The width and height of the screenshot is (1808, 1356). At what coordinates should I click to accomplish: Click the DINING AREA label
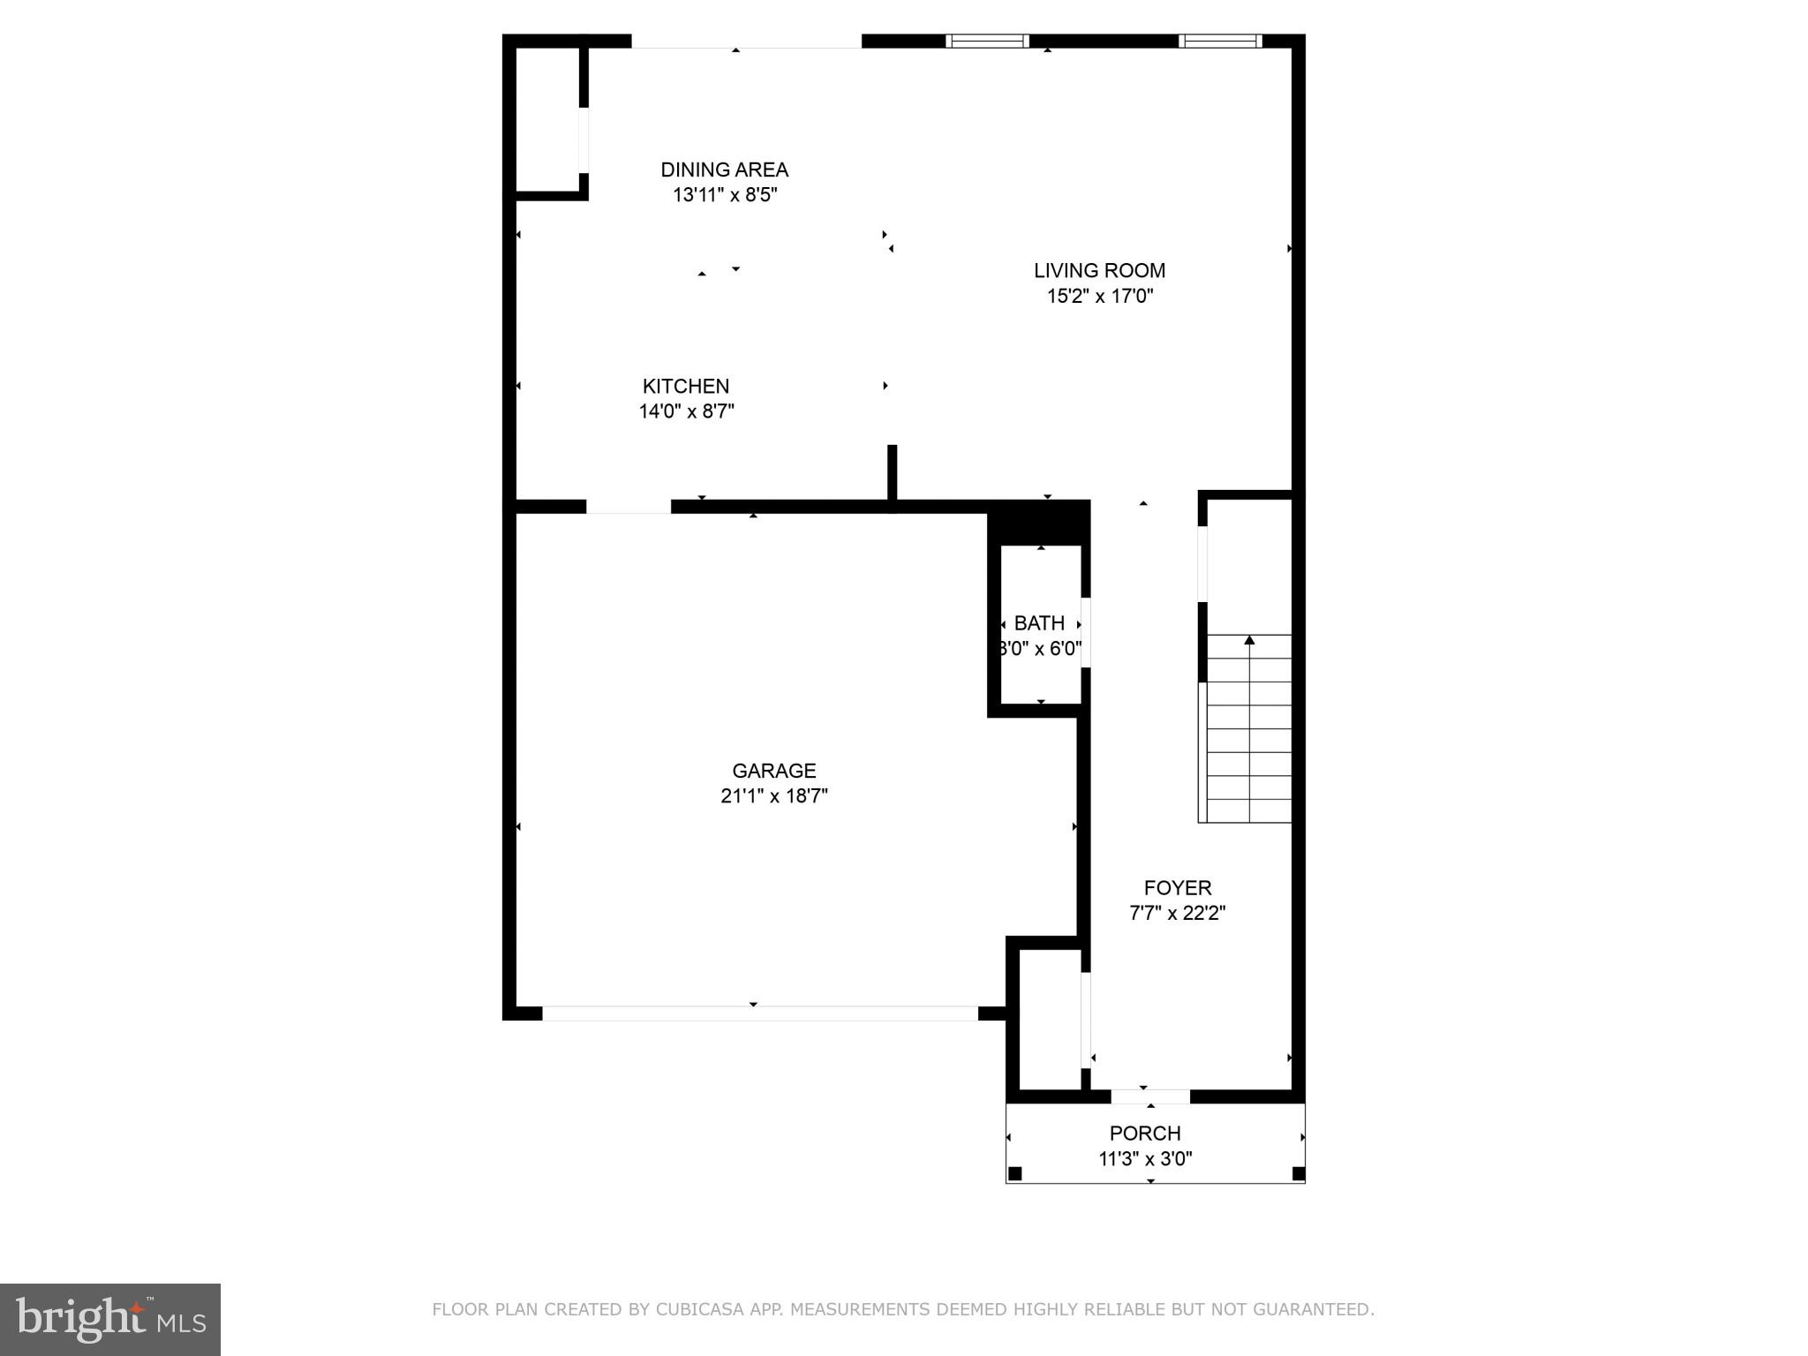[x=724, y=169]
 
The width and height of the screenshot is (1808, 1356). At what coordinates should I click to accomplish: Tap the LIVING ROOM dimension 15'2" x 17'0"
[x=1100, y=296]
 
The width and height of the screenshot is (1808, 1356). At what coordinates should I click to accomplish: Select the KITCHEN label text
[x=686, y=386]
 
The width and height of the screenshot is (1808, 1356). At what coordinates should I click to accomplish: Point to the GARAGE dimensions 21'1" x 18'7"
[x=774, y=796]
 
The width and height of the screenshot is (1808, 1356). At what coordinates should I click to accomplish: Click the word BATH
[x=1039, y=623]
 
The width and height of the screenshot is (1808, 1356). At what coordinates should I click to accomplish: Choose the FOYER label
[x=1178, y=888]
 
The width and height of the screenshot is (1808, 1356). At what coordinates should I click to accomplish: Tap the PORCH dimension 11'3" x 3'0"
[x=1145, y=1159]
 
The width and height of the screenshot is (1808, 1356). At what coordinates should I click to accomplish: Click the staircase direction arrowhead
[x=1249, y=640]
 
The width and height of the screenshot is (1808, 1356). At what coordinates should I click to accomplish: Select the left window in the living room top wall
[x=987, y=41]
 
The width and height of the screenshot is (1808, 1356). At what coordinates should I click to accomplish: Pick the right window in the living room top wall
[x=1220, y=41]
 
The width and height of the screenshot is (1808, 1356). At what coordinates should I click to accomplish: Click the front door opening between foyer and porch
[x=1150, y=1096]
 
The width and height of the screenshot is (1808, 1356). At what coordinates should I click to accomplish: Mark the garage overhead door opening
[x=760, y=1013]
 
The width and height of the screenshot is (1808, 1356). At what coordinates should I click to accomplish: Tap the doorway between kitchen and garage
[x=629, y=507]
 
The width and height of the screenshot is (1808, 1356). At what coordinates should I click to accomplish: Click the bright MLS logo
[x=110, y=1319]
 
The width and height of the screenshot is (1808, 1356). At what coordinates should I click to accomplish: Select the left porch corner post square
[x=1015, y=1173]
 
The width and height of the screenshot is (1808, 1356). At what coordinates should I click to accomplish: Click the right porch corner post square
[x=1298, y=1173]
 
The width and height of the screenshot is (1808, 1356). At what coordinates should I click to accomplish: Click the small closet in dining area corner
[x=546, y=119]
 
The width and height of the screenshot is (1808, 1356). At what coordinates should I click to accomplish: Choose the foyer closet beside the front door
[x=1050, y=1020]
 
